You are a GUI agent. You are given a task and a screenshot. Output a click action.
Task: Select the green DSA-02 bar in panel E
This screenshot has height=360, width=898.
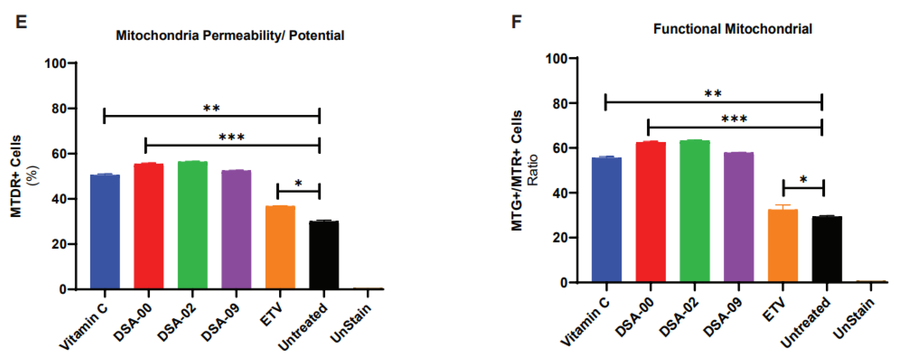click(192, 225)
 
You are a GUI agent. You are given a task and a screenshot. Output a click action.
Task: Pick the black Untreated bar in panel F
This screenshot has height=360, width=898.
click(827, 249)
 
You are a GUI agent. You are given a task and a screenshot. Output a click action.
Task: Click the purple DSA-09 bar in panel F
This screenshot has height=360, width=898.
click(739, 217)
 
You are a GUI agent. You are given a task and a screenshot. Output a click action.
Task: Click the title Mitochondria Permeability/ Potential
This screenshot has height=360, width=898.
click(230, 35)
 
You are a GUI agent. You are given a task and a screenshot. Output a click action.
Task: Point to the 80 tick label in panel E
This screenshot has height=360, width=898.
click(59, 108)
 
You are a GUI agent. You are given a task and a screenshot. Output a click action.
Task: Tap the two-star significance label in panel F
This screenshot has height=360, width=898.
click(713, 93)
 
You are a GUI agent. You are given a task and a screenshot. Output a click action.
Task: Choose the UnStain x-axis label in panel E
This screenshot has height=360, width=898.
click(350, 323)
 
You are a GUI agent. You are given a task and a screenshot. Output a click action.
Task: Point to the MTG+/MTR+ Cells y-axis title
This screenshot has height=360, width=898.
click(517, 171)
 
